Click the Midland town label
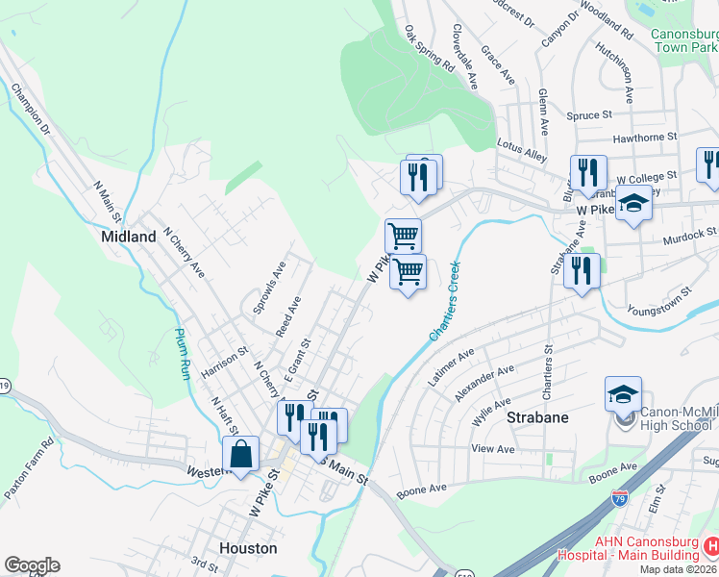(x=129, y=236)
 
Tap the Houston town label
(x=248, y=548)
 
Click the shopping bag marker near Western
(x=240, y=455)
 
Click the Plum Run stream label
(x=182, y=354)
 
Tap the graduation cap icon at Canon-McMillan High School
(x=623, y=394)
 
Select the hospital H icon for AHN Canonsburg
(x=710, y=546)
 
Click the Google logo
(x=32, y=565)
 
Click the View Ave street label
(x=494, y=449)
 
